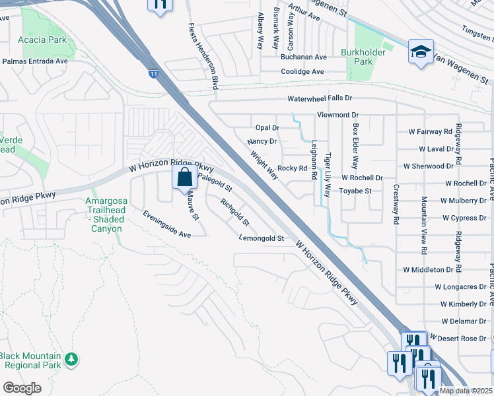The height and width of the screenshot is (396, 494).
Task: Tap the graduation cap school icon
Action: (x=420, y=53)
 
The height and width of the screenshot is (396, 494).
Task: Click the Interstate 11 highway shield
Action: (x=153, y=74)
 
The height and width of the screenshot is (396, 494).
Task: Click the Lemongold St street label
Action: (x=261, y=238)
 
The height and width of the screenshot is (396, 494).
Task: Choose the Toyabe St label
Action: (x=356, y=191)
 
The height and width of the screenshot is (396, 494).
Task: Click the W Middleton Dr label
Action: (x=433, y=270)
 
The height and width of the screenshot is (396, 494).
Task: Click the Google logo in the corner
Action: (x=22, y=387)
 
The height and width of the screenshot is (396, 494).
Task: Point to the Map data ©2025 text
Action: (x=466, y=391)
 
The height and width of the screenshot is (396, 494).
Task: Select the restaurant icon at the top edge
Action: (x=159, y=6)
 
